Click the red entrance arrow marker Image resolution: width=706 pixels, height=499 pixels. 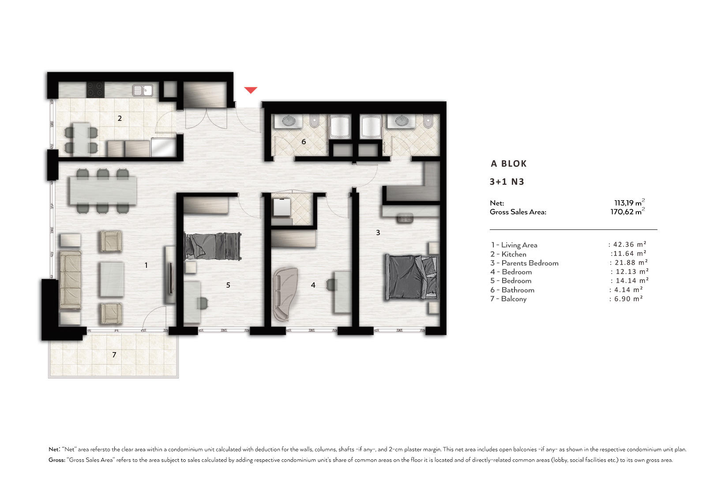point(251,90)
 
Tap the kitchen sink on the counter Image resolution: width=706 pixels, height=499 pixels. point(143,90)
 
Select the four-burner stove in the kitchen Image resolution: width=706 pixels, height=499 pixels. point(95,89)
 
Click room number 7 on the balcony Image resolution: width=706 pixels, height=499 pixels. point(114,355)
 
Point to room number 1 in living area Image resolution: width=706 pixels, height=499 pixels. point(146,265)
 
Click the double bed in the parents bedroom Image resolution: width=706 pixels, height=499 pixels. point(412,277)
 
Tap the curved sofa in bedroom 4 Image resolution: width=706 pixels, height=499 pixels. point(285,294)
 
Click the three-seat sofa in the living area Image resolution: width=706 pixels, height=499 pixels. point(70,279)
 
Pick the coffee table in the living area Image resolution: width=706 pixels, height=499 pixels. point(112,279)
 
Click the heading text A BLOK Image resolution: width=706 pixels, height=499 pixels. point(509,164)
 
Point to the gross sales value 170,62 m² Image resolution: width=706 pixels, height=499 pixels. point(627,211)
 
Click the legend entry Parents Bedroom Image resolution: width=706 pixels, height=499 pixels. point(529,263)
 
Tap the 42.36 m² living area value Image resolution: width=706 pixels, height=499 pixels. point(629,244)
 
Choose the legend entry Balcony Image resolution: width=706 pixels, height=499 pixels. point(514,299)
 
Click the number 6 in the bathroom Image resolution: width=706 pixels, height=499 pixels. point(304,142)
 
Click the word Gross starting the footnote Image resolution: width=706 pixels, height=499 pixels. point(57,460)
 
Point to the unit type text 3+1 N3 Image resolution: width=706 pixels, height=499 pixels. point(507,182)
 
